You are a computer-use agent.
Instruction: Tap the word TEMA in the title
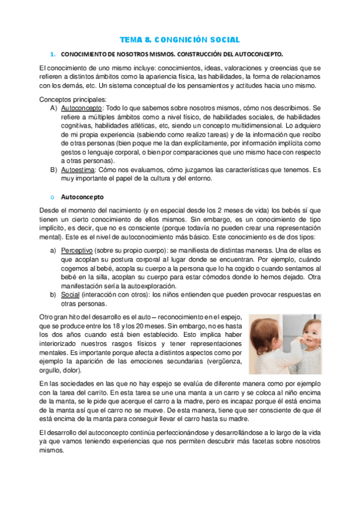click(x=130, y=40)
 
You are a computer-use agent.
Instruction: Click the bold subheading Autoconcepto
click(x=82, y=197)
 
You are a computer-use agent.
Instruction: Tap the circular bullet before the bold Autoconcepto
click(x=52, y=197)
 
